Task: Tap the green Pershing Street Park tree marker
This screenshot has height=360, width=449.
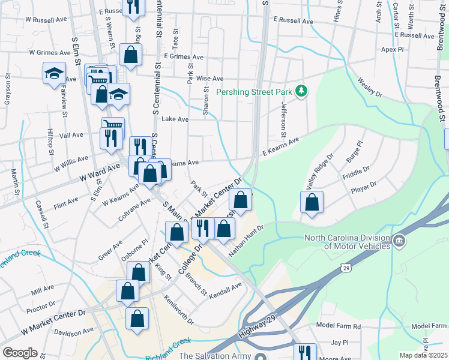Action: [x=302, y=91]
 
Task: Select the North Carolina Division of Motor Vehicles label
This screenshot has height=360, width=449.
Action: [x=346, y=241]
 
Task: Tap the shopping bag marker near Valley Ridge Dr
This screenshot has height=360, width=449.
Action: [x=312, y=202]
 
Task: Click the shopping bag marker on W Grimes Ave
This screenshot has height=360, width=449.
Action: [x=130, y=55]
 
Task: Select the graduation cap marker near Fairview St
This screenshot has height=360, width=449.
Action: [x=54, y=73]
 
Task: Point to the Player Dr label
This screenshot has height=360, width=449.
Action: [x=364, y=187]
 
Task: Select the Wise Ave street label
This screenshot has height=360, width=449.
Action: [x=209, y=79]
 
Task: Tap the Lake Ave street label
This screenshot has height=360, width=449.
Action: [x=175, y=119]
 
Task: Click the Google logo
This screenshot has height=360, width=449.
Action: [x=20, y=353]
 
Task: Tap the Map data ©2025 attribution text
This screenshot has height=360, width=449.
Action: [x=423, y=355]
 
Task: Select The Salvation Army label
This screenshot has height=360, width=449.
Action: [x=215, y=355]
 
